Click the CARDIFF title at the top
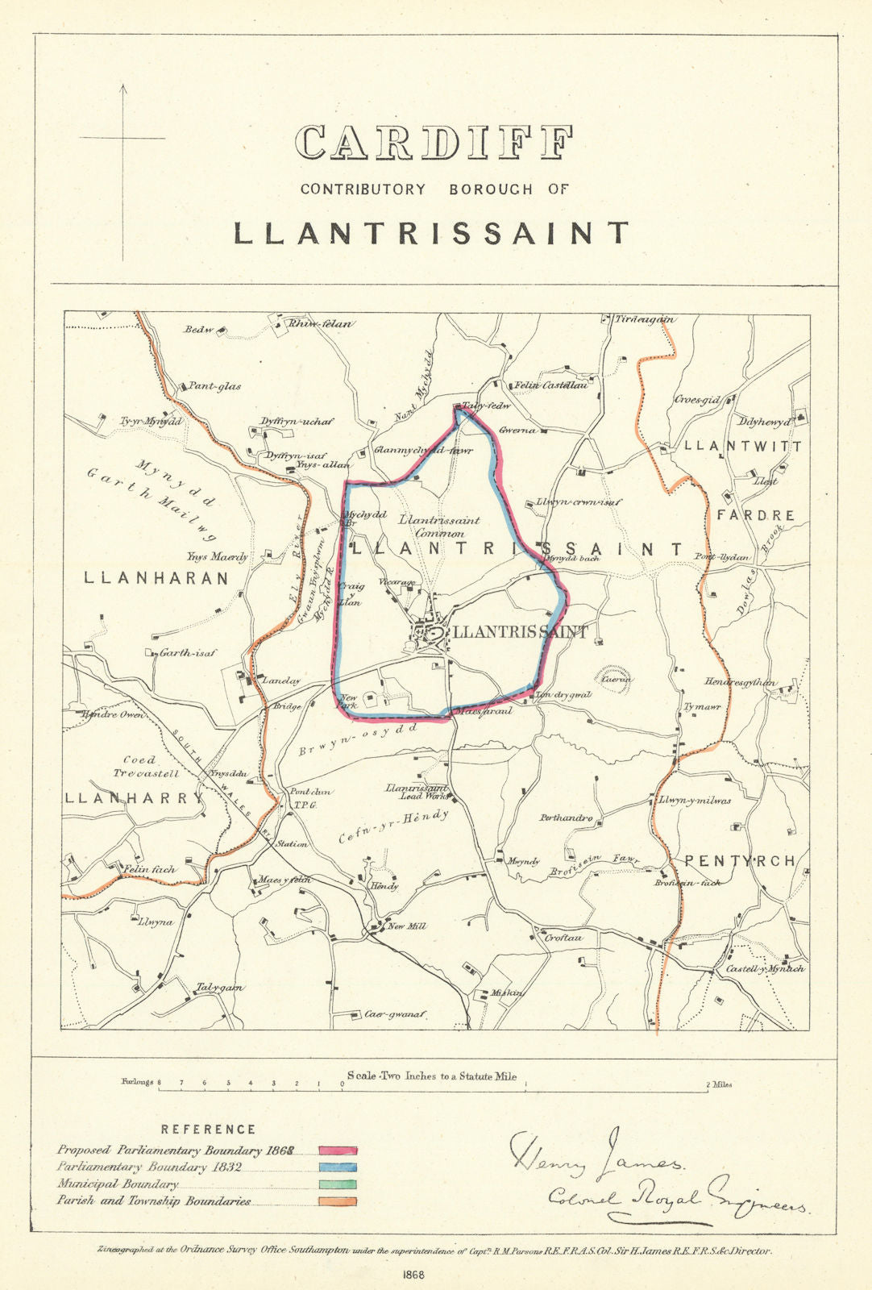tap(434, 143)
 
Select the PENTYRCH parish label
tap(739, 861)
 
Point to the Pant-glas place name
tap(214, 386)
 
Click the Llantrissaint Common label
tap(439, 526)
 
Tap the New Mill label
tap(406, 926)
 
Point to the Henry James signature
tap(596, 1155)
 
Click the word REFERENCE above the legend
tap(208, 1130)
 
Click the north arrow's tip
tap(122, 85)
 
